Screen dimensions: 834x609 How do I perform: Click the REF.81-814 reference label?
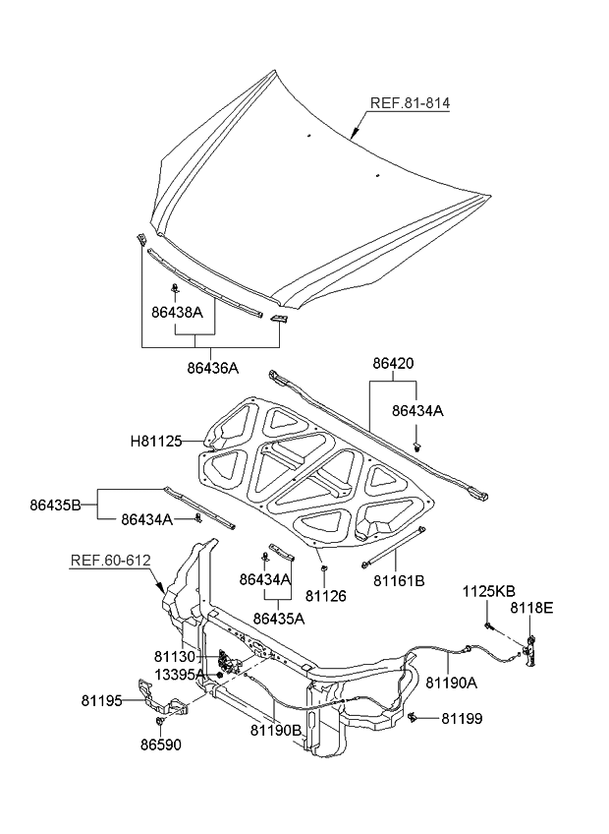pos(411,103)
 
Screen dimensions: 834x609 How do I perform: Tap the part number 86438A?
pos(177,313)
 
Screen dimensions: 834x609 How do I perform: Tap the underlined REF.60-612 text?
pos(110,561)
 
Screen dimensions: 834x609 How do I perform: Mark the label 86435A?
pos(279,619)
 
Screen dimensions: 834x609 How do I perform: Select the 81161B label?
pos(399,581)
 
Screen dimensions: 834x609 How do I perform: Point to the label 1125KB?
pos(489,591)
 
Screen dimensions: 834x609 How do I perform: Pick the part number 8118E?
pos(531,609)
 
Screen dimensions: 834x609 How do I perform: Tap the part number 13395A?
pos(179,674)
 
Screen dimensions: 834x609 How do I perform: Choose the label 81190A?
pos(451,682)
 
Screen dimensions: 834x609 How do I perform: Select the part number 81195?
pos(102,701)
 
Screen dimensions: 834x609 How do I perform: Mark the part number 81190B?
pos(275,730)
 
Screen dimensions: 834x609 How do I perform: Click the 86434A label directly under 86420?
pos(418,412)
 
